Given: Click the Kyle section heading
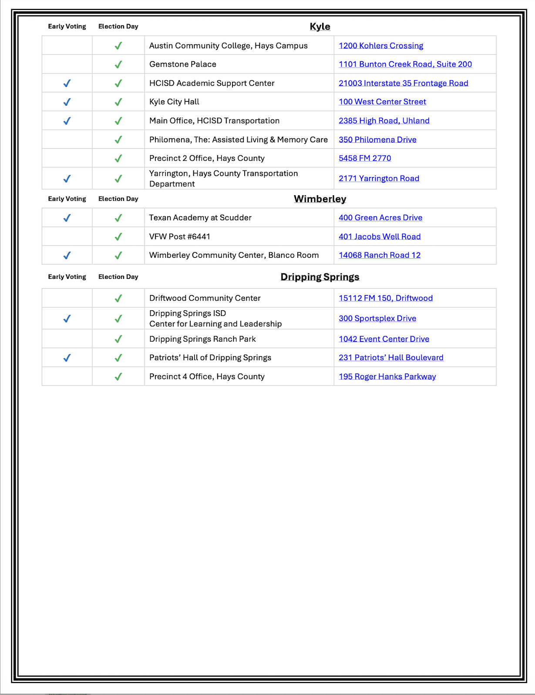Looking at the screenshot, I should [320, 27].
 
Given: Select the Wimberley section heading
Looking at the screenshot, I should [320, 199].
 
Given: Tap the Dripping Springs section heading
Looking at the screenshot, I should [320, 277].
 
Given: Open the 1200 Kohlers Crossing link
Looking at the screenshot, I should [381, 46].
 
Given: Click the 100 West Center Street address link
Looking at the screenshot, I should [382, 102].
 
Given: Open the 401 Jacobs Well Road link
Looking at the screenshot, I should [380, 237].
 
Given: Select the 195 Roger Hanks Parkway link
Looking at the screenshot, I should [387, 376].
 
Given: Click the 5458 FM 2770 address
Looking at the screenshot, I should [365, 158].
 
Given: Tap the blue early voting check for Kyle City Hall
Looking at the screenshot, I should [67, 102].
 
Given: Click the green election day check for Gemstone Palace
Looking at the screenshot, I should [118, 64].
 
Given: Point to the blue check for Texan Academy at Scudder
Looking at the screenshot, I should [67, 218].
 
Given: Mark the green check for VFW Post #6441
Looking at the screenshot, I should [118, 237].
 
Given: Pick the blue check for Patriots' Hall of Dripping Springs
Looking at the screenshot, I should [67, 358].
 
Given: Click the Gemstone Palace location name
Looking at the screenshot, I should [183, 64].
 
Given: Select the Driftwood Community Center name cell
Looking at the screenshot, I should [205, 298].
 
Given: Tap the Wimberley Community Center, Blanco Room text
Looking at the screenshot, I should [234, 255].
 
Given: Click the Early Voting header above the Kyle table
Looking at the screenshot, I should [67, 27].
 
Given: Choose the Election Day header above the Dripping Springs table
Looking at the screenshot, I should [118, 277].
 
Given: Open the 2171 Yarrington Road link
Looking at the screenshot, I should [379, 179].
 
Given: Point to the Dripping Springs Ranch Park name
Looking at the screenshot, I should [202, 339].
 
